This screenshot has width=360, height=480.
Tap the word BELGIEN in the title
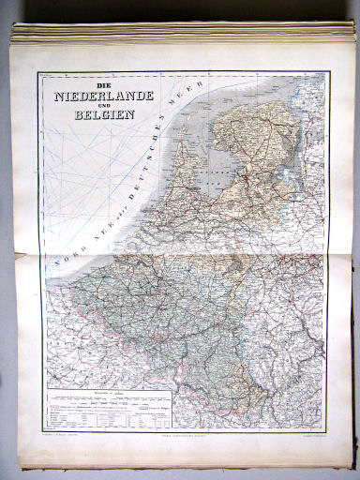[101, 115]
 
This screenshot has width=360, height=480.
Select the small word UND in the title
[101, 105]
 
